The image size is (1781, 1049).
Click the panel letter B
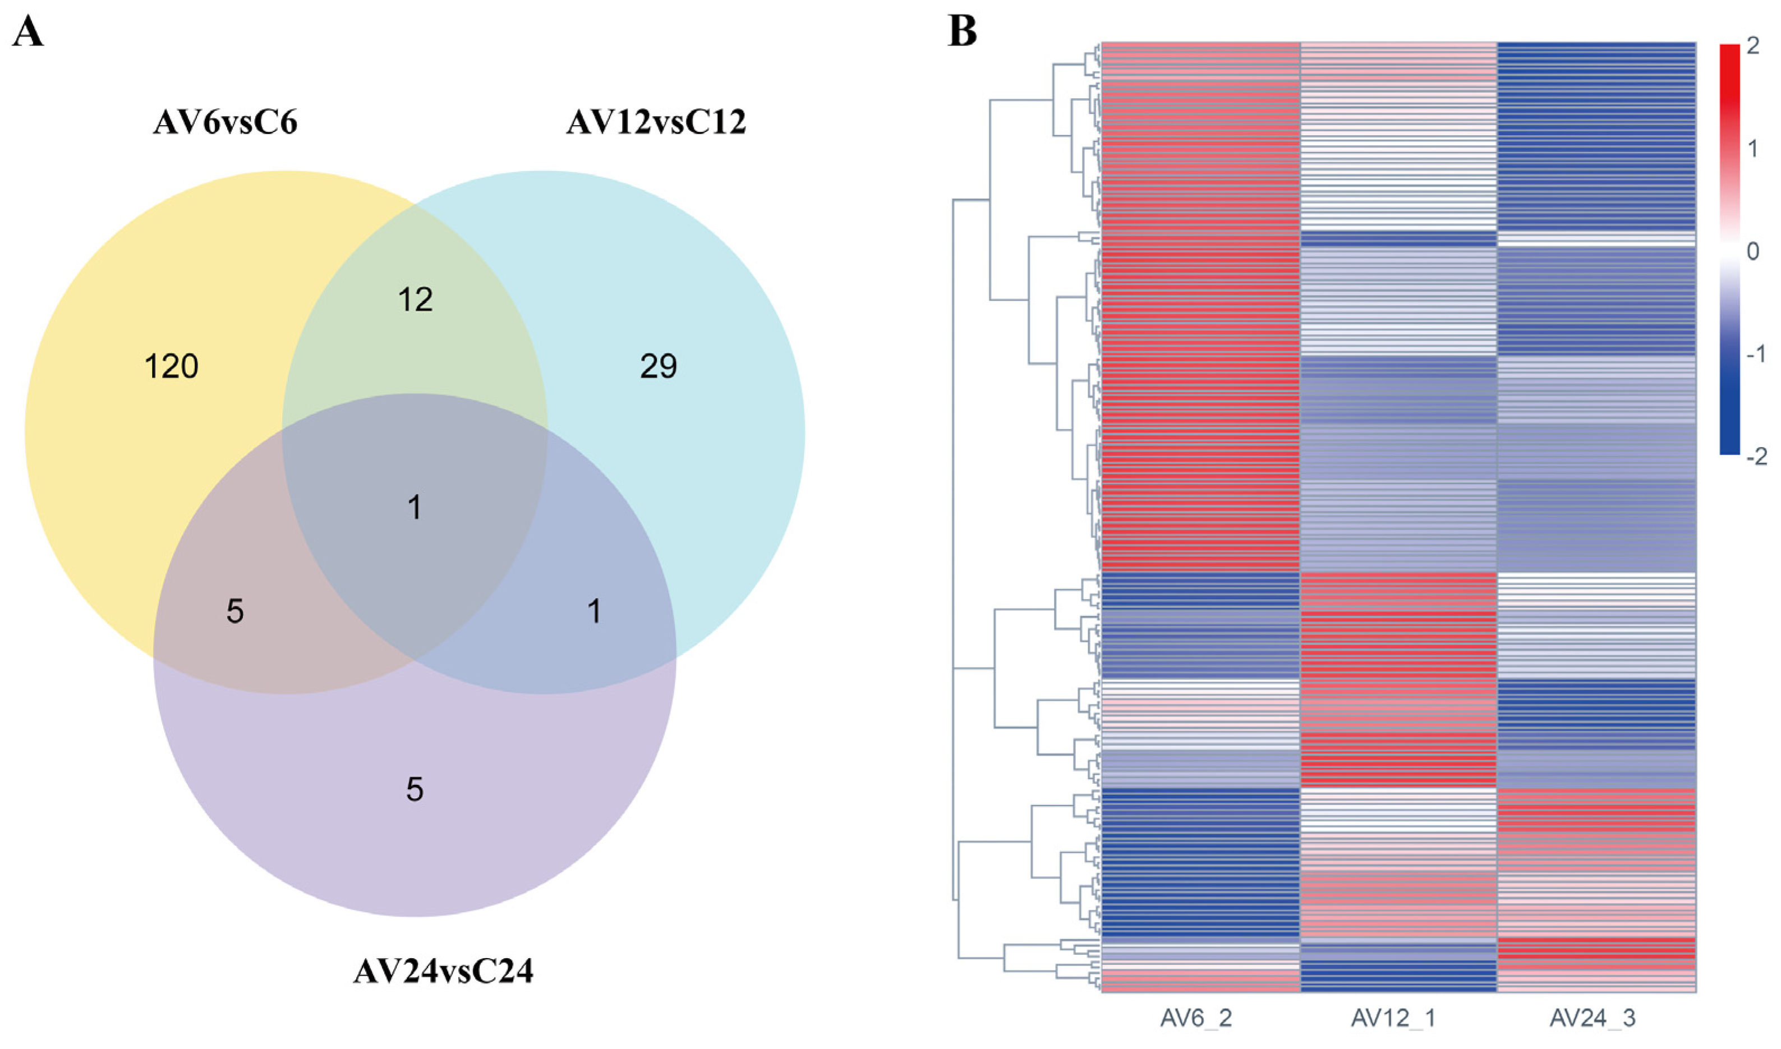(x=963, y=32)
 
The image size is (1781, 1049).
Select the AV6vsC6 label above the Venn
(x=225, y=123)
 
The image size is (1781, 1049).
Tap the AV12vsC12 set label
(x=656, y=123)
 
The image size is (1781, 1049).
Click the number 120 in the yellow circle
(x=171, y=367)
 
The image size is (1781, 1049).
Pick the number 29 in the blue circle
(x=659, y=367)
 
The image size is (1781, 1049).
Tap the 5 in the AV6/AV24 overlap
(x=236, y=611)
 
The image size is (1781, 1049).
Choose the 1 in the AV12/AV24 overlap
(x=595, y=611)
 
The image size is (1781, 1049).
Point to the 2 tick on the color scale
(x=1753, y=45)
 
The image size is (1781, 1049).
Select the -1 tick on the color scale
(x=1756, y=354)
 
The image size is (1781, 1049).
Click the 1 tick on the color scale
(x=1753, y=149)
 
